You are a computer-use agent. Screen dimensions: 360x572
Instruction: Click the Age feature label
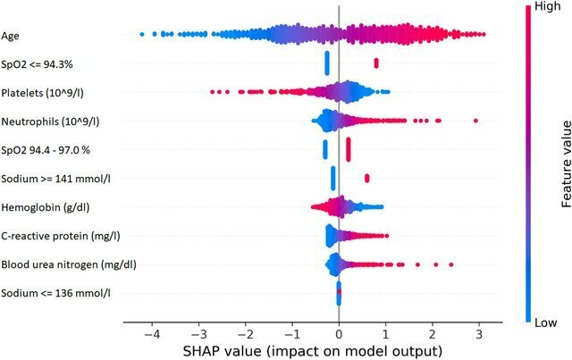pyautogui.click(x=12, y=37)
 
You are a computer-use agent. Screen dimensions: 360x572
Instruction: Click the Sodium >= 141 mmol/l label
pyautogui.click(x=50, y=179)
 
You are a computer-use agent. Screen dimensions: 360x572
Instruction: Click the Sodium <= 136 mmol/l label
pyautogui.click(x=50, y=293)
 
